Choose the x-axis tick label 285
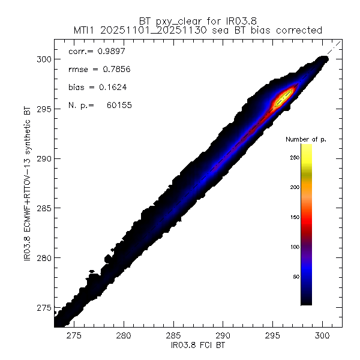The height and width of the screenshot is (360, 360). pos(173,337)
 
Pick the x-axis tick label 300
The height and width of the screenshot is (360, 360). pos(322,337)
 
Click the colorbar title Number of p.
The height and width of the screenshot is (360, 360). pos(306,139)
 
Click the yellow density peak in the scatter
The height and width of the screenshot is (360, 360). pos(281,99)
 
